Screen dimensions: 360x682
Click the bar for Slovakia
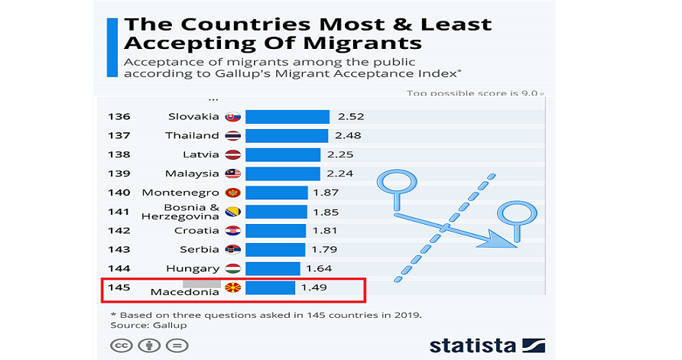287,117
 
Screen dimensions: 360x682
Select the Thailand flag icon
233,135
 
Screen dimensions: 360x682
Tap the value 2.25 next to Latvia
339,154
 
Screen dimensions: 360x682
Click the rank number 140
119,193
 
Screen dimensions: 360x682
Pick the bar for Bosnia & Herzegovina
276,212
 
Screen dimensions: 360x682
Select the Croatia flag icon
233,231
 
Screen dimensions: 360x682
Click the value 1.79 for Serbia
324,249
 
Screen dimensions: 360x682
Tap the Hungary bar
272,268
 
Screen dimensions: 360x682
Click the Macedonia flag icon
233,288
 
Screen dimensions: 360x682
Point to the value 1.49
313,287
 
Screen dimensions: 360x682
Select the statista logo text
472,345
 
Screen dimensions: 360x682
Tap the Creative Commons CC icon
120,345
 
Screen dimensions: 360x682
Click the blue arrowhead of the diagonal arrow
505,242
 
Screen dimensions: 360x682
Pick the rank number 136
119,117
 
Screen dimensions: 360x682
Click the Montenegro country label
180,193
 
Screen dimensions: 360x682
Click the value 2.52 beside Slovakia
349,117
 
